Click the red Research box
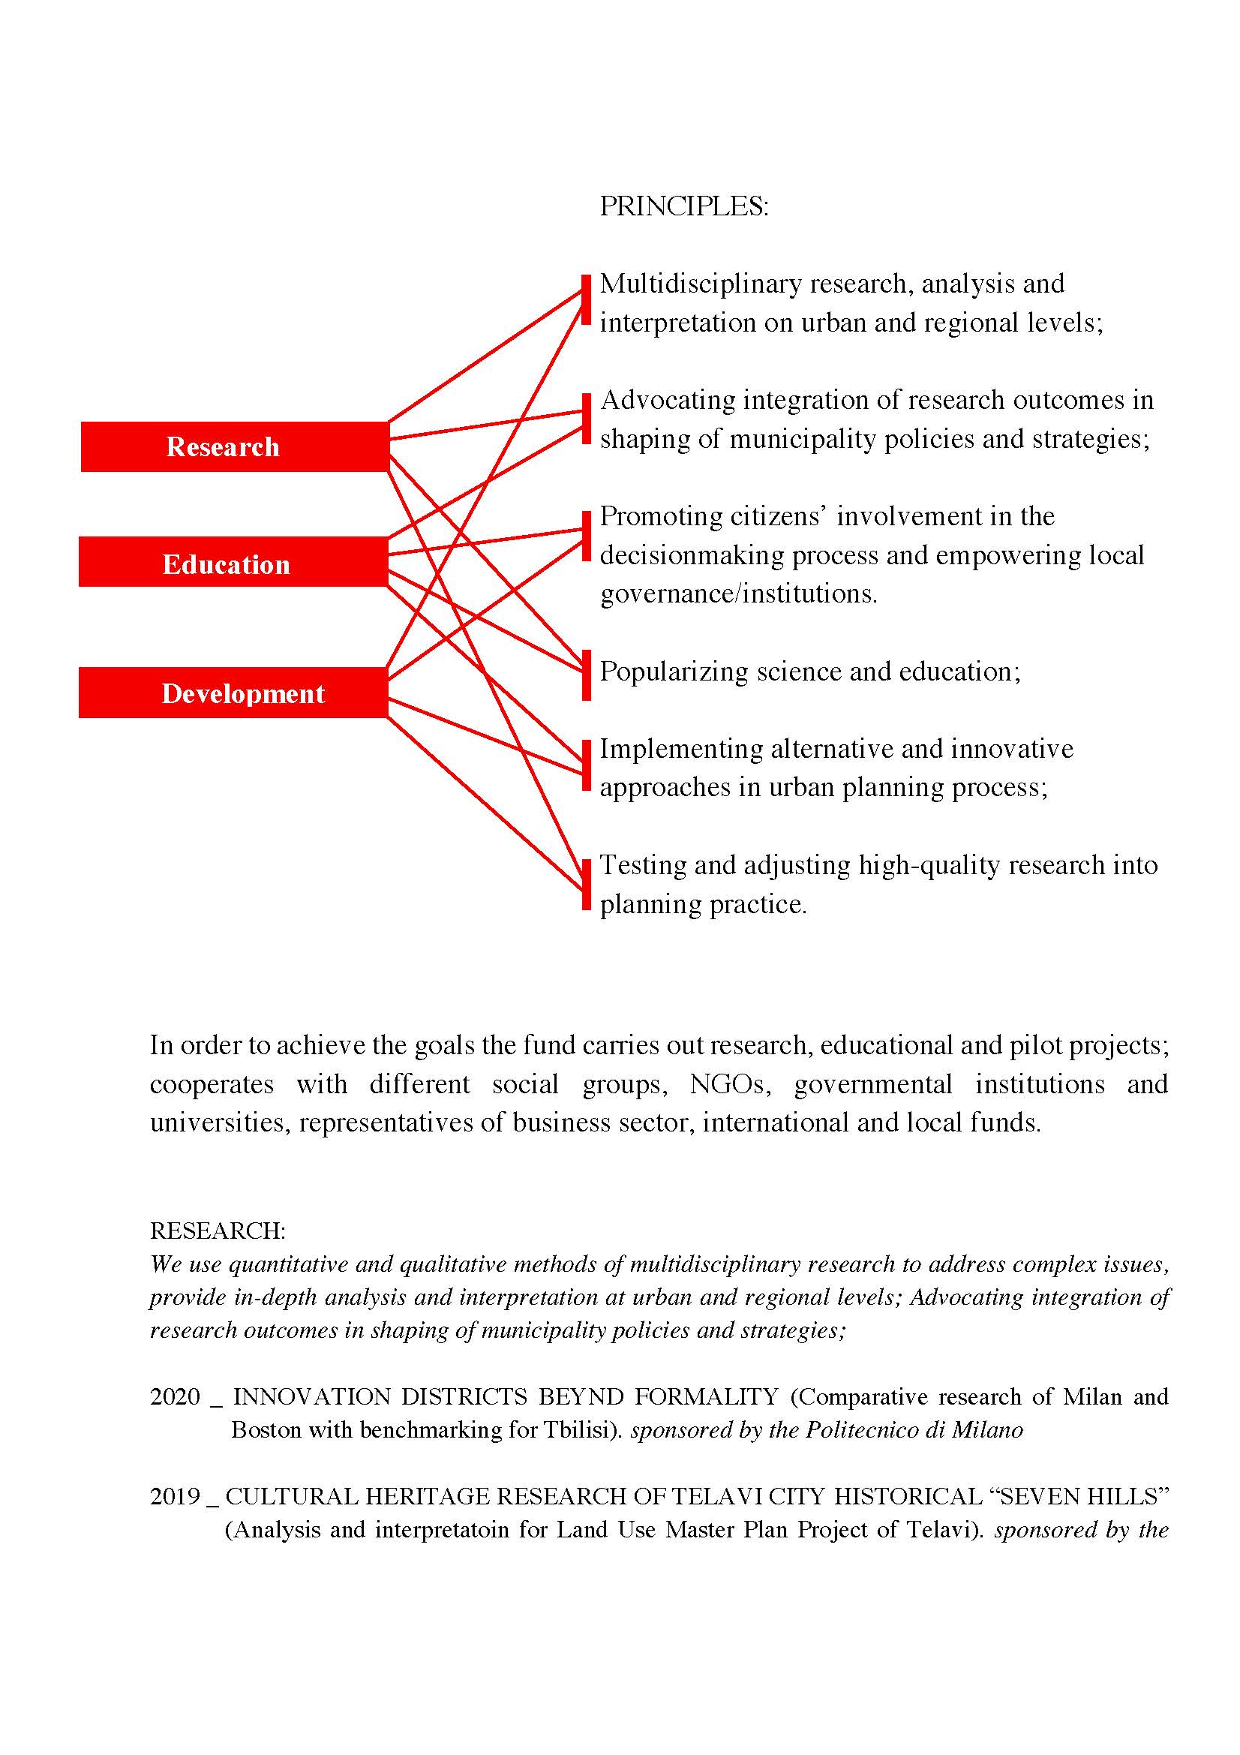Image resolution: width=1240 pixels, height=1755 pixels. (x=235, y=446)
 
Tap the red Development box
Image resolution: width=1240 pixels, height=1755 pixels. (x=233, y=693)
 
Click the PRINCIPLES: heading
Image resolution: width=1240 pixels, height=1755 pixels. (x=683, y=206)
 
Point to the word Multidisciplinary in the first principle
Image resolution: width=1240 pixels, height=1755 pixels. (x=701, y=284)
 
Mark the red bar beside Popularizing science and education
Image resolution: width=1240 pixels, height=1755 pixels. (x=586, y=675)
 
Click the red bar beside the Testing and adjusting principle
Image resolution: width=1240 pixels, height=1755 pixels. (x=586, y=885)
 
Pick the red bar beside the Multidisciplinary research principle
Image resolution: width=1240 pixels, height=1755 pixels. (x=586, y=299)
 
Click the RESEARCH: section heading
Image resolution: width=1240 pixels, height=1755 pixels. (x=218, y=1231)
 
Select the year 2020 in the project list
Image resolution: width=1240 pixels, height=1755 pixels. (x=175, y=1396)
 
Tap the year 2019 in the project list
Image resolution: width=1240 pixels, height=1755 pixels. (x=175, y=1496)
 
